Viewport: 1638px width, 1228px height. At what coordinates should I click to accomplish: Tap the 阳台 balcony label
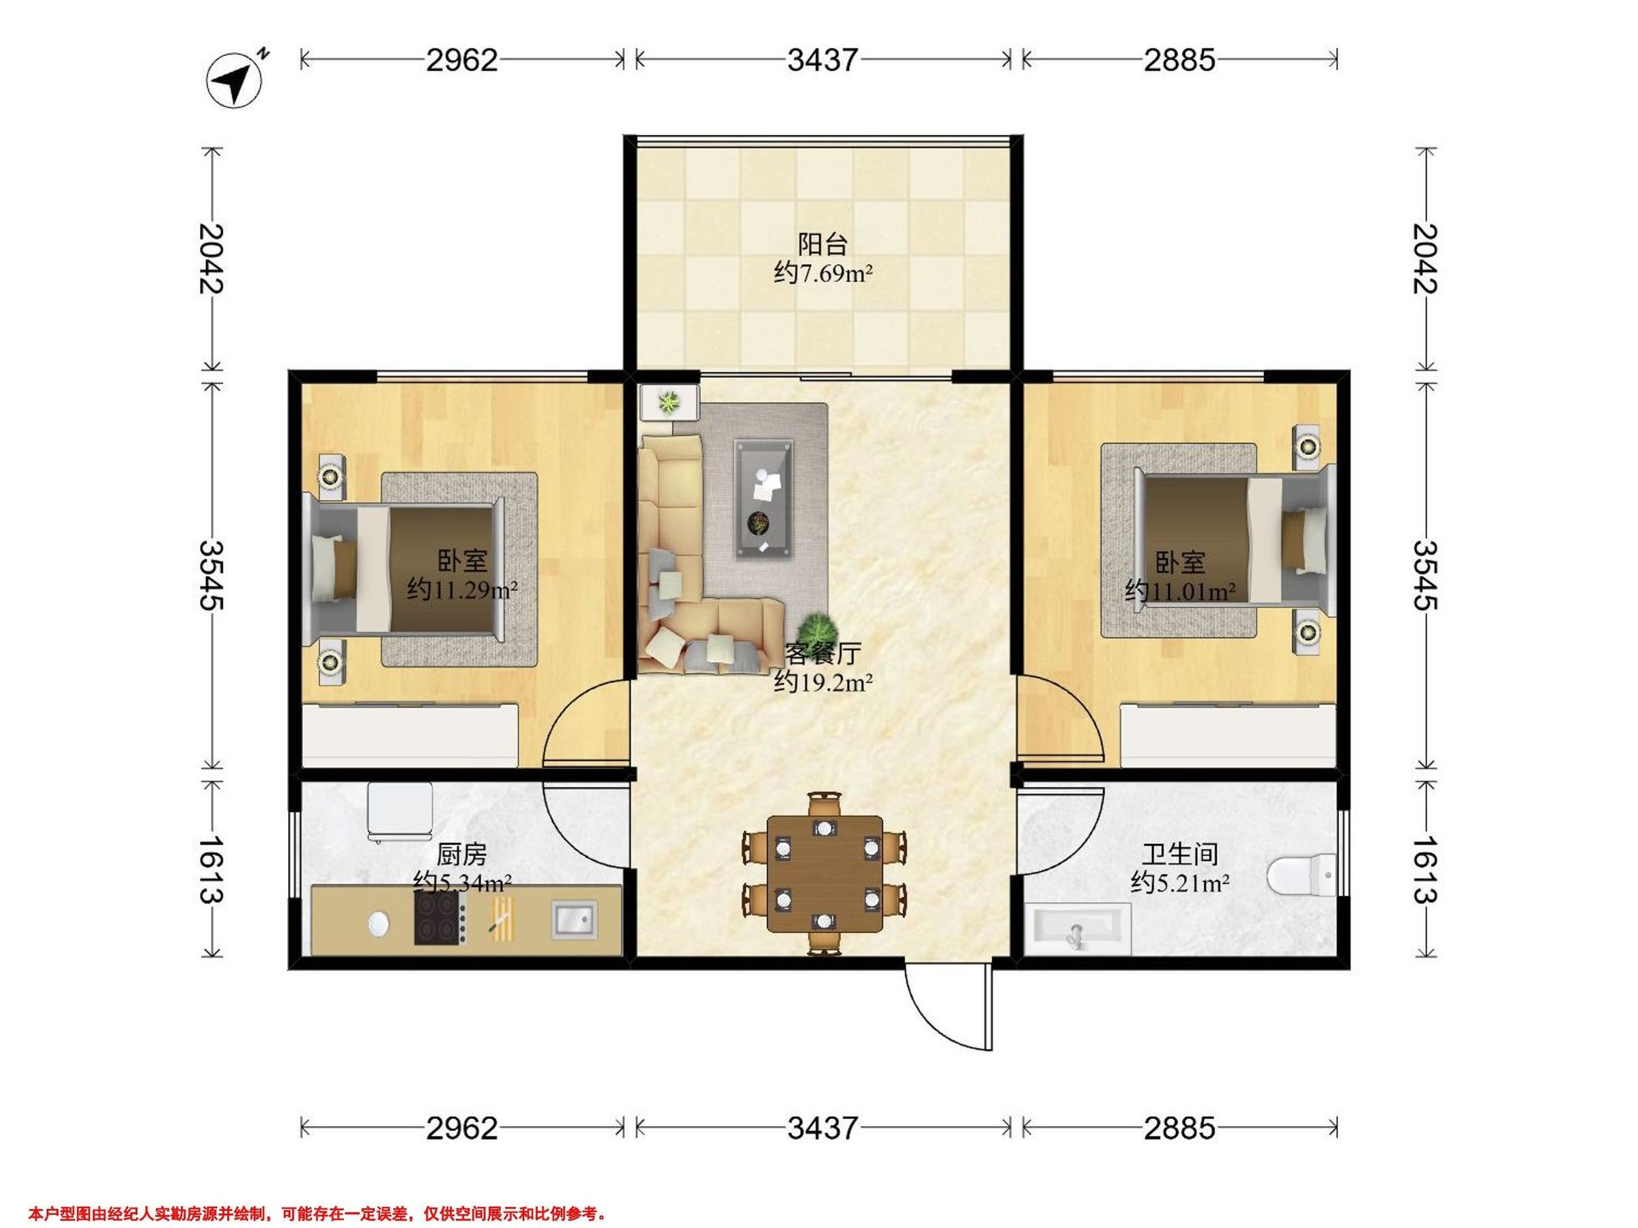click(x=822, y=244)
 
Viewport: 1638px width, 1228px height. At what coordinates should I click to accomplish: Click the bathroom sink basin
click(x=1079, y=931)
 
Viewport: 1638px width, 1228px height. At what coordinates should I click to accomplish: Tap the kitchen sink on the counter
click(x=574, y=920)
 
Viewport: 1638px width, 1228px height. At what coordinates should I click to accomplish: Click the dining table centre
click(x=824, y=874)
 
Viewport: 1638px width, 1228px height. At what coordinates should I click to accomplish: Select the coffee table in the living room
click(x=764, y=498)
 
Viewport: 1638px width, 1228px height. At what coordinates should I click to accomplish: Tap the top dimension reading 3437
click(x=822, y=60)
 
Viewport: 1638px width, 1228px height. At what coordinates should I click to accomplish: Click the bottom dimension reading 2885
click(x=1179, y=1128)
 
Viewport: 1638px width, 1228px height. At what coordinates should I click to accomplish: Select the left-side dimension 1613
click(x=211, y=869)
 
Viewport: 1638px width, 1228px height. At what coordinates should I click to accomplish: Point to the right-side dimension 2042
click(x=1426, y=259)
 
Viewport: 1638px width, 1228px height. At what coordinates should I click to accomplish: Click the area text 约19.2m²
click(x=822, y=681)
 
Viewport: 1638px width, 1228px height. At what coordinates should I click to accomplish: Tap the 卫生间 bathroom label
click(x=1179, y=855)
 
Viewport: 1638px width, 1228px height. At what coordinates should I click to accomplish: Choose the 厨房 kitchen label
click(x=461, y=855)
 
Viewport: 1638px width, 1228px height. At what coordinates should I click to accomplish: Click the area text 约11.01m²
click(x=1179, y=591)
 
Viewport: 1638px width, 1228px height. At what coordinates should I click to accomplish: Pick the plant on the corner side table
click(x=670, y=402)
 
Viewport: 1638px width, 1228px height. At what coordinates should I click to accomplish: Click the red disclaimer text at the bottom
click(x=317, y=1213)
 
